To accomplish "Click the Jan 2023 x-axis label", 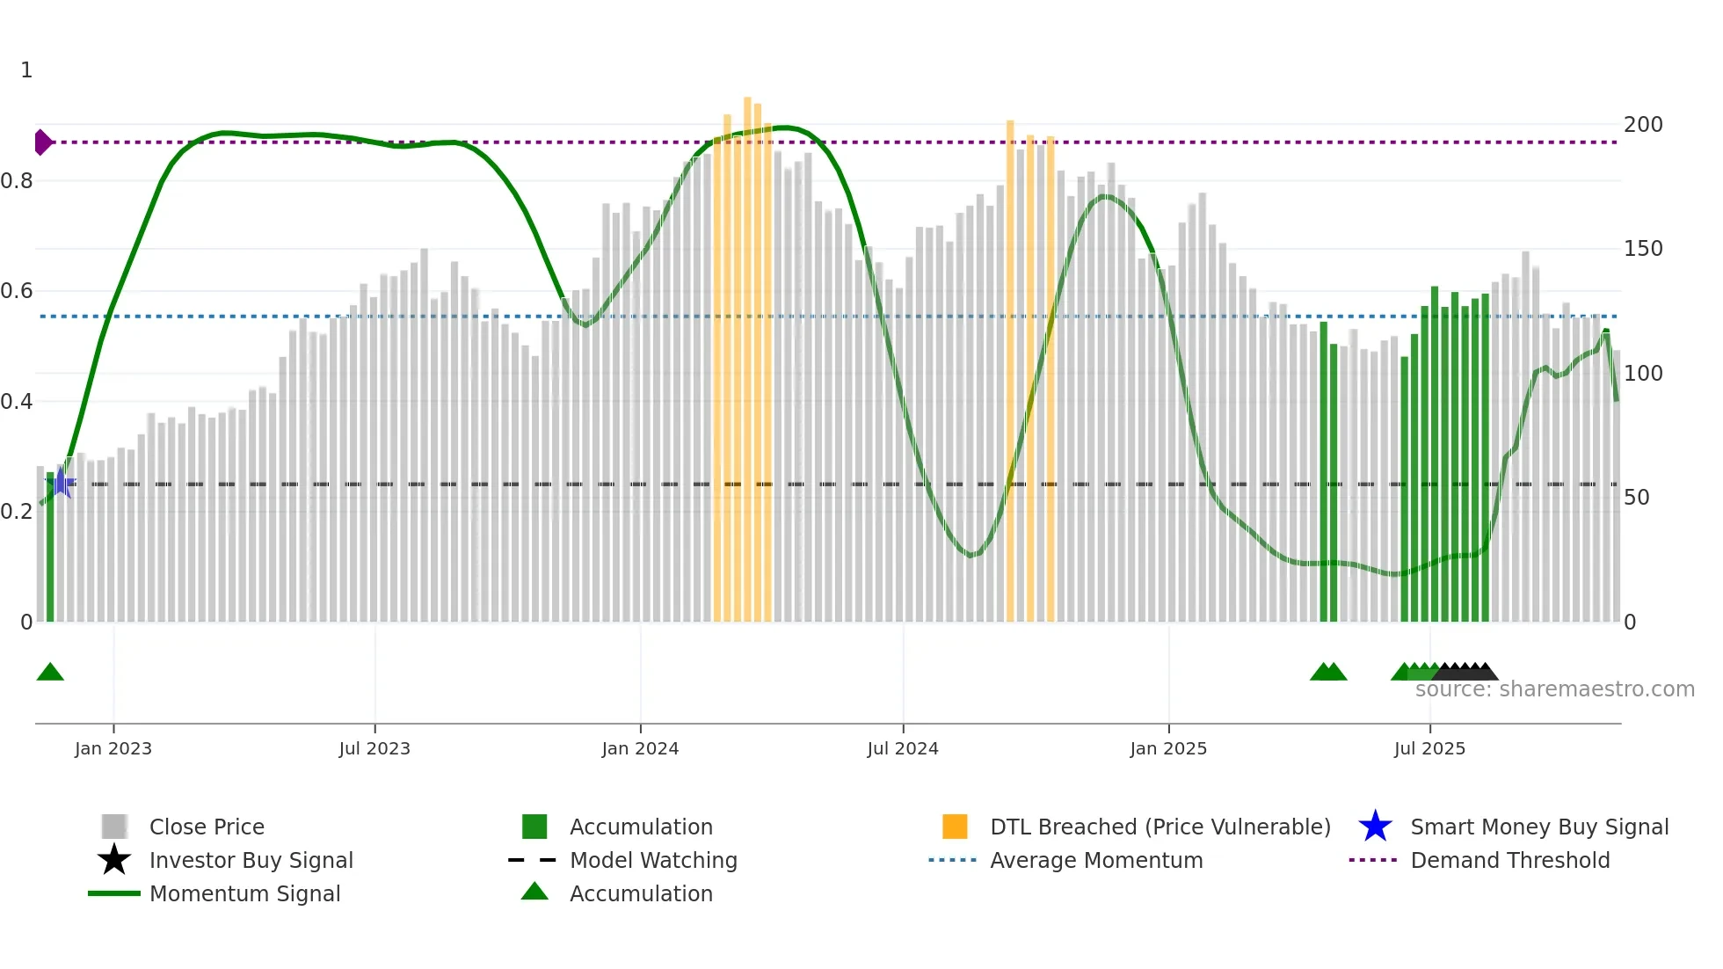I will [x=113, y=748].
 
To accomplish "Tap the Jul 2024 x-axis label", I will [x=903, y=748].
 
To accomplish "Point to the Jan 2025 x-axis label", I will [x=1168, y=748].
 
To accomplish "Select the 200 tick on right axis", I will [x=1643, y=125].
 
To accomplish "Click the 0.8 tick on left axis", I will [x=18, y=181].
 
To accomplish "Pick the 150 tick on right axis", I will [x=1643, y=249].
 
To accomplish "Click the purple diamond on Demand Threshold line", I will [x=42, y=142].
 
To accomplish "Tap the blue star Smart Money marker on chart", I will [x=61, y=483].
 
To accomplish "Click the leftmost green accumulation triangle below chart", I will [x=50, y=673].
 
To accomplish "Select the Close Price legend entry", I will [x=207, y=827].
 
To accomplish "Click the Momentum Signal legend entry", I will [x=244, y=893].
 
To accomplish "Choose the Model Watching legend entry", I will [x=652, y=860].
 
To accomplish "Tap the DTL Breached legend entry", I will [x=1160, y=827].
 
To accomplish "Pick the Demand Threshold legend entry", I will [x=1509, y=860].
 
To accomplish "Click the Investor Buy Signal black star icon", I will [x=114, y=860].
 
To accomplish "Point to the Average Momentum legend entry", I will [x=1095, y=860].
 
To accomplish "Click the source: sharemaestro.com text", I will [x=1554, y=689].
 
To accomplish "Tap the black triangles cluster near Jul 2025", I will [x=1466, y=672].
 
